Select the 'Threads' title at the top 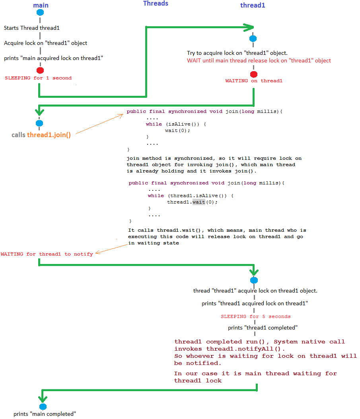[x=156, y=4]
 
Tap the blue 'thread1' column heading [x=253, y=5]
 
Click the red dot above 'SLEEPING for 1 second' [x=40, y=70]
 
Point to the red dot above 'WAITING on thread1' [x=254, y=74]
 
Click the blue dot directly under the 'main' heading [x=40, y=12]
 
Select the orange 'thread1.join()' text [x=49, y=135]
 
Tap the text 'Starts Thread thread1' [x=31, y=28]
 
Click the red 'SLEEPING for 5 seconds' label [x=255, y=316]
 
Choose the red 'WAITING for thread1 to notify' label [x=47, y=254]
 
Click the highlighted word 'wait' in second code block [x=199, y=202]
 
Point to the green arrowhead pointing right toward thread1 [x=249, y=27]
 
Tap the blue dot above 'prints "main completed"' [x=43, y=406]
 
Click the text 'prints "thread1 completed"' [x=263, y=328]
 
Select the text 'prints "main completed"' [x=45, y=414]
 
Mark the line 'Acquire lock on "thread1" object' [x=45, y=43]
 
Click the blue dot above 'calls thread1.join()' [x=39, y=123]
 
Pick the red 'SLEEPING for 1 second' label [x=38, y=78]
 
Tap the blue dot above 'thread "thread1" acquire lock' [x=254, y=281]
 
